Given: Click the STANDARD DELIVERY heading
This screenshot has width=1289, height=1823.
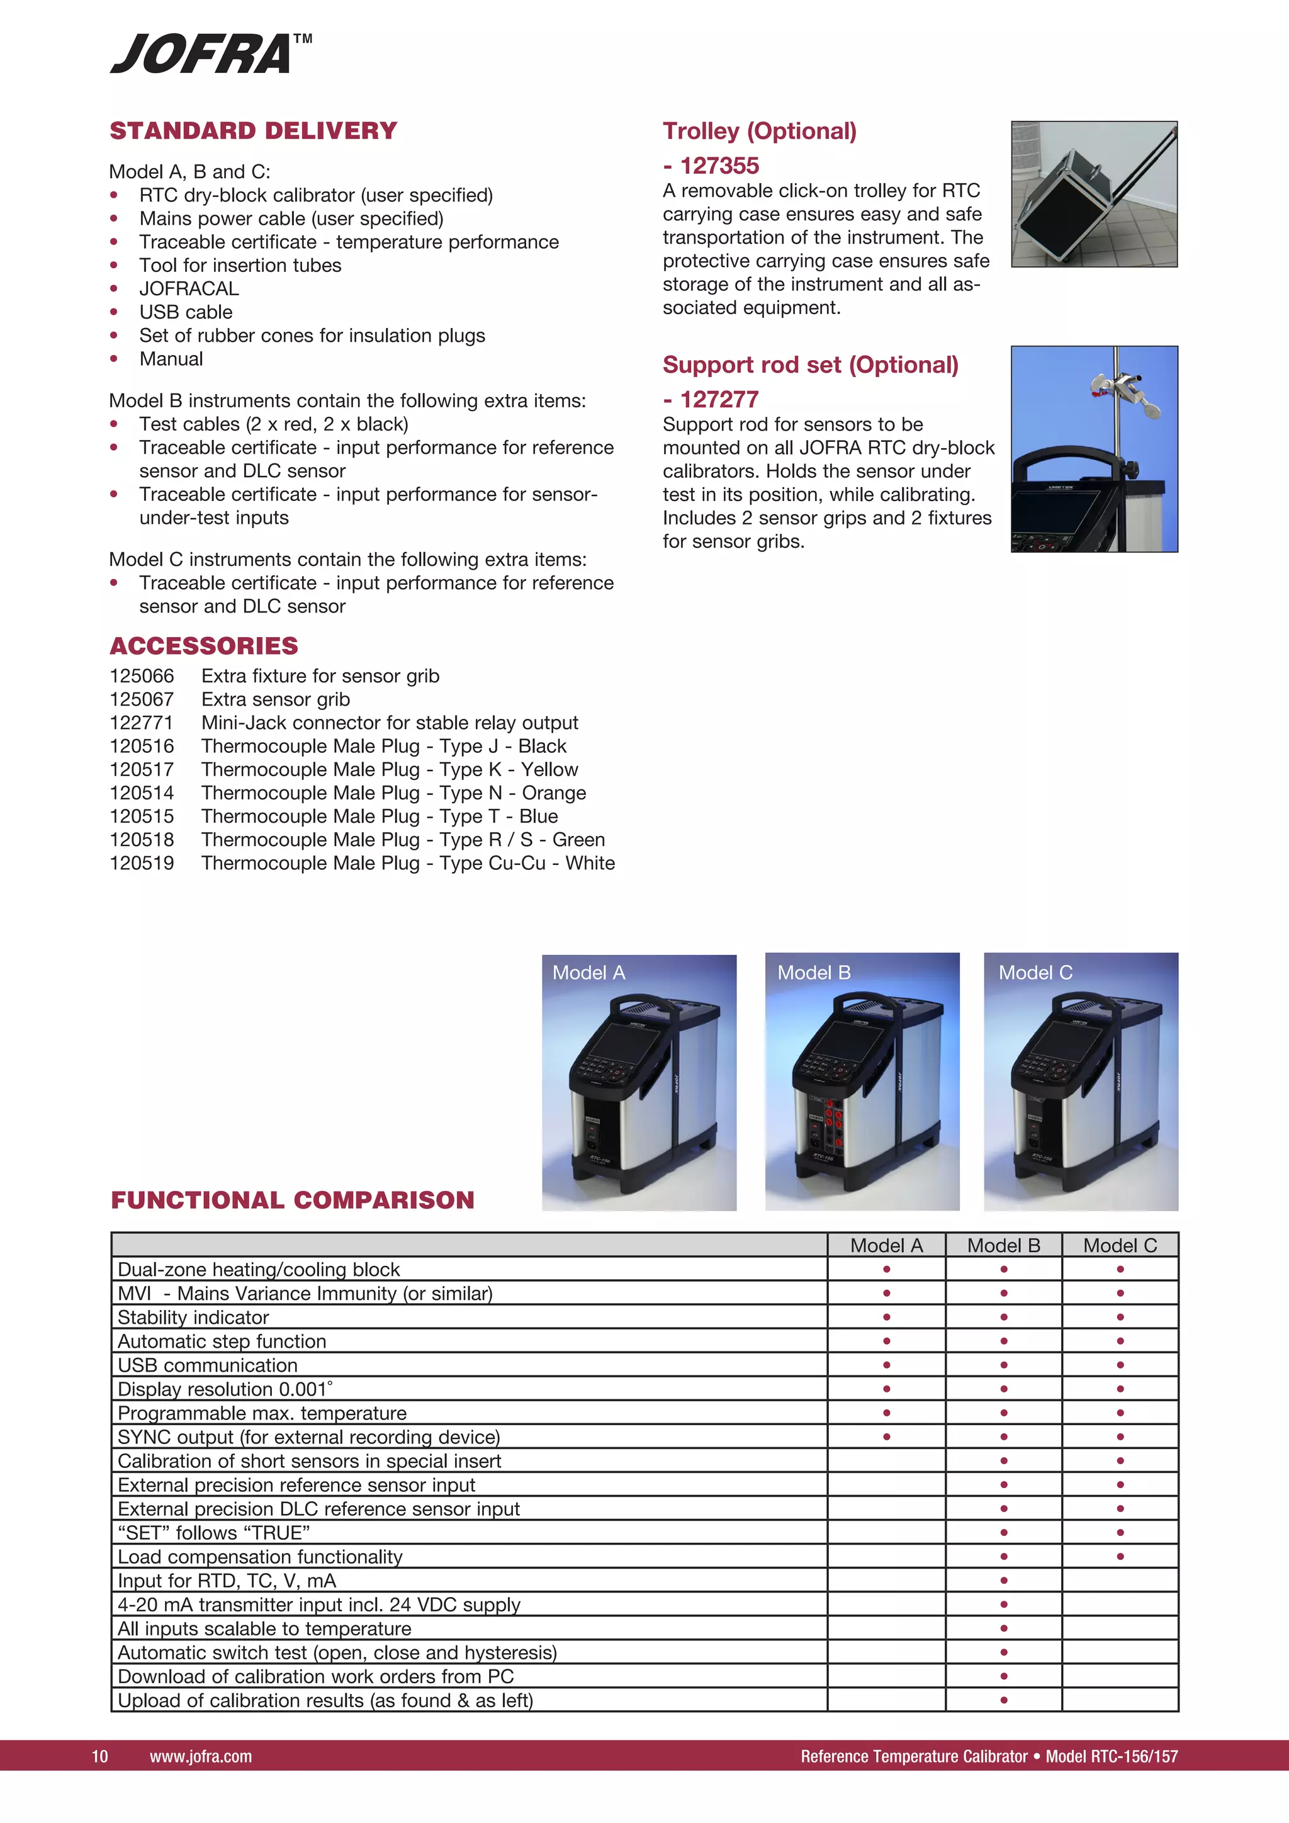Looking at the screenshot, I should [253, 131].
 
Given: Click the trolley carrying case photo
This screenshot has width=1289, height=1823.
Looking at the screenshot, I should [1093, 194].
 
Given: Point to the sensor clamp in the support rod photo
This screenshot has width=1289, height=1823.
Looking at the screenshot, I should [1122, 393].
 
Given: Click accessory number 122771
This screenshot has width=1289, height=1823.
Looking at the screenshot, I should [141, 723].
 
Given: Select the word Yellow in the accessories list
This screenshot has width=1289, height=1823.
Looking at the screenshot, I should [550, 769].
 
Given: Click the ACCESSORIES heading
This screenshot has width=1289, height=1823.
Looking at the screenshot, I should [204, 645].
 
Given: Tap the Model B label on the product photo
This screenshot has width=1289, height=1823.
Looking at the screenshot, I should [814, 973].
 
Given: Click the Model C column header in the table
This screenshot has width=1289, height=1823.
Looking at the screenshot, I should [1120, 1245].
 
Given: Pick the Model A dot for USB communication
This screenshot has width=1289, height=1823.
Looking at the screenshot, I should [887, 1365].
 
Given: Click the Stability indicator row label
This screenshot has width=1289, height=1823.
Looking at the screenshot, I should [194, 1318].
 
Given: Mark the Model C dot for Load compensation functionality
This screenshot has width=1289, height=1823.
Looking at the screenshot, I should [1120, 1556].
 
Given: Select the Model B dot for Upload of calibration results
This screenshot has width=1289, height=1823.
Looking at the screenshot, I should [1003, 1700].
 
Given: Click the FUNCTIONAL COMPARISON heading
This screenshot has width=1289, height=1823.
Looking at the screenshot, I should [292, 1200].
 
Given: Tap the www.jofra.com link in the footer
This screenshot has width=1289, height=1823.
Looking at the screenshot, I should [201, 1756].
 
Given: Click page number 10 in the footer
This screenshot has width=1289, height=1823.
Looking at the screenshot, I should [100, 1756].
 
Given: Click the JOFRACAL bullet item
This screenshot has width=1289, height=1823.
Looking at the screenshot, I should [189, 288].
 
